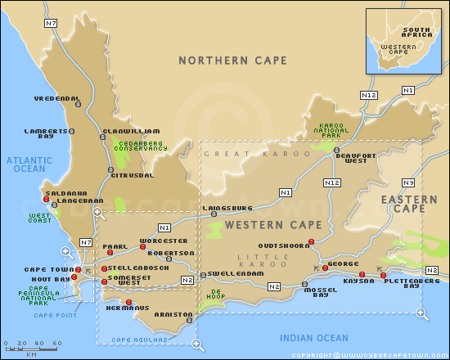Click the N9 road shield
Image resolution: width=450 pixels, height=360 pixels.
pos(407,182)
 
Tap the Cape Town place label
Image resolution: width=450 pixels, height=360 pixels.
pos(47,269)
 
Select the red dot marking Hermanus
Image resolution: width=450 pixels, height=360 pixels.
pos(128,302)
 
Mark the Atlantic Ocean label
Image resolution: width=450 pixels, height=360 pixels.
pos(27,164)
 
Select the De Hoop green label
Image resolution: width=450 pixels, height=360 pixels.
pos(217,293)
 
